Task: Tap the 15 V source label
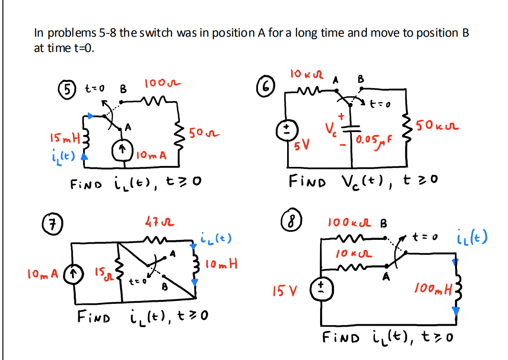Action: (x=285, y=289)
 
